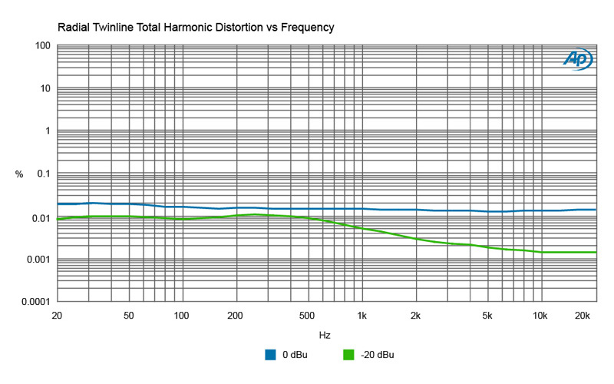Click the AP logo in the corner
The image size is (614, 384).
click(576, 58)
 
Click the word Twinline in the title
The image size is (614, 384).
click(117, 28)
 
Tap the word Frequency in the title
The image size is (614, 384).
click(306, 28)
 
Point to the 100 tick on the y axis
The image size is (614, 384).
click(43, 46)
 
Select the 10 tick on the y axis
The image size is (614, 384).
click(45, 89)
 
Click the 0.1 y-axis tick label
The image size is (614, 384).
click(43, 174)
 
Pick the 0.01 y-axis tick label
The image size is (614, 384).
click(41, 217)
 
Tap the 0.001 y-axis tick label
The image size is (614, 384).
click(38, 260)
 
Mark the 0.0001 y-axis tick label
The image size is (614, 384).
click(35, 302)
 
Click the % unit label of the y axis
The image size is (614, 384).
click(19, 174)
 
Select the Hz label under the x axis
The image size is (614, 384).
click(325, 336)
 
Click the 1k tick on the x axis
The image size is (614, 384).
click(361, 316)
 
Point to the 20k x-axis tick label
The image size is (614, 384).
click(583, 316)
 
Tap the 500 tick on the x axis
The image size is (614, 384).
click(307, 316)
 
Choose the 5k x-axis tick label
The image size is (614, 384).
click(487, 316)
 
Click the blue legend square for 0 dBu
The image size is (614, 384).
click(270, 355)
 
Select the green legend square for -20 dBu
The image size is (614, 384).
click(348, 355)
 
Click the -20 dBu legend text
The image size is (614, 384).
click(377, 355)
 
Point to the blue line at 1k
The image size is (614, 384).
click(361, 209)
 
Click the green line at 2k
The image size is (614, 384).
click(415, 238)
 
